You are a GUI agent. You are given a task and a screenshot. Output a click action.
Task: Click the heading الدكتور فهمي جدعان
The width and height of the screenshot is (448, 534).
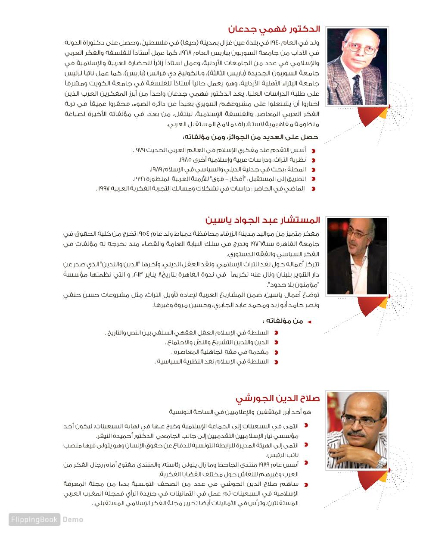point(274,29)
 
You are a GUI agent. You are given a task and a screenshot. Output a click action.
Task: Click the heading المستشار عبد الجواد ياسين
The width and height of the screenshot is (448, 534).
point(263,220)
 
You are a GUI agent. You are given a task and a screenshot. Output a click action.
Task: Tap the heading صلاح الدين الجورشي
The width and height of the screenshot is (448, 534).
point(278,398)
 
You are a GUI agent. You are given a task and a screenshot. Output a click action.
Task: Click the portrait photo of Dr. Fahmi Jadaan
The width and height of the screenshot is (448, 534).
point(357,66)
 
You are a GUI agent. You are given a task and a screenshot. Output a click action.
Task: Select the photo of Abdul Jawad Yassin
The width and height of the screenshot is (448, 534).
point(357,256)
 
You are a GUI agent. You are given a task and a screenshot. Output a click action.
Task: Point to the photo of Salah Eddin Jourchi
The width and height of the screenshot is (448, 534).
point(357,430)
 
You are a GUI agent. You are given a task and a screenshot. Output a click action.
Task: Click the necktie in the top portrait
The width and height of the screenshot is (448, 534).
point(357,87)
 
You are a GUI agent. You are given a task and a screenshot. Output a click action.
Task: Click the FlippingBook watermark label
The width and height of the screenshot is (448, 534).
point(34,519)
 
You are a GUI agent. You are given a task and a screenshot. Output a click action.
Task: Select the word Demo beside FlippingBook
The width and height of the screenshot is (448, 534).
point(73,519)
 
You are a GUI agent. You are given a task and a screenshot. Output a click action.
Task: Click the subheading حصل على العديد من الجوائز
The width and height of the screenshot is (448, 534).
point(250,137)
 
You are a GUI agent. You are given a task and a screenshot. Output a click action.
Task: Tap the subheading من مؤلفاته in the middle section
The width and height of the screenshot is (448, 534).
point(283,321)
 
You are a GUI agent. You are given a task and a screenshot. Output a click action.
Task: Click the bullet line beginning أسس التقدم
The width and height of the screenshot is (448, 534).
point(220,150)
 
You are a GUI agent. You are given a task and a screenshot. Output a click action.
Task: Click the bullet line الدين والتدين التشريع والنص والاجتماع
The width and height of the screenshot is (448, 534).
point(218,342)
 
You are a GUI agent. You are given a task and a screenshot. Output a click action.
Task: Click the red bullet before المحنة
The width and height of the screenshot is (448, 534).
point(314,170)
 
